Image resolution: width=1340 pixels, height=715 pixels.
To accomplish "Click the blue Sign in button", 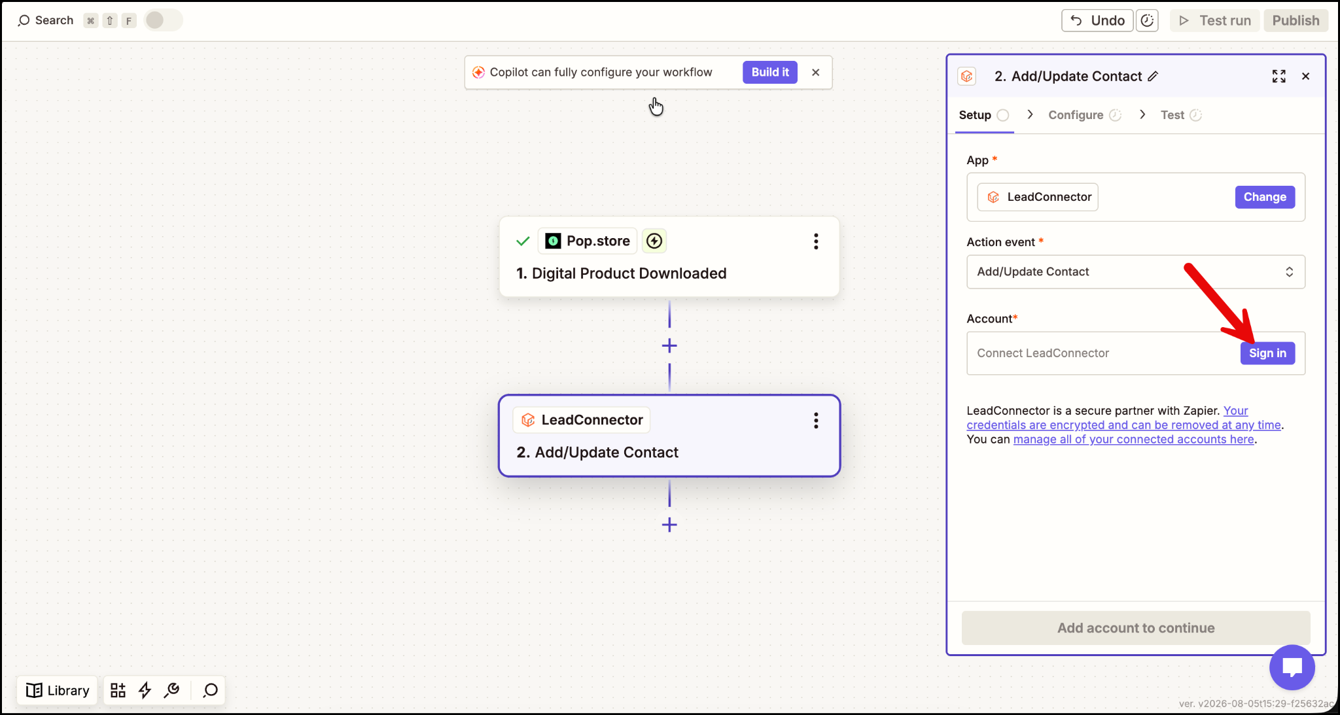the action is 1267,353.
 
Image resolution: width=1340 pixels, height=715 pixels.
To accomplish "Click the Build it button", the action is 770,73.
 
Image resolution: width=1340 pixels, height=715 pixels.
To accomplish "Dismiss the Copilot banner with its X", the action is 815,73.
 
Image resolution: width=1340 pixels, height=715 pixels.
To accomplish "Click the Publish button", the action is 1296,20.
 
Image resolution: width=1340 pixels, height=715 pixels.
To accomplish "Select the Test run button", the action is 1215,20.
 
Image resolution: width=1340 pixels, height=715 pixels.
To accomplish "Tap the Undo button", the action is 1097,20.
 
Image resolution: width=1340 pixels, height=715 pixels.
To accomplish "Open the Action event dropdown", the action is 1136,271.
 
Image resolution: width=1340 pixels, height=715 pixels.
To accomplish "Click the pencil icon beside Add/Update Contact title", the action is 1153,77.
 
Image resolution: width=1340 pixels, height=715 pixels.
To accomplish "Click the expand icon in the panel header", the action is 1278,77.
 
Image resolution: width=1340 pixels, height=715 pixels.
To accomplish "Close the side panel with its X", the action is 1305,77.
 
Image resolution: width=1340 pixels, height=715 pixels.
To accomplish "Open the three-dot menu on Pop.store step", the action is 816,241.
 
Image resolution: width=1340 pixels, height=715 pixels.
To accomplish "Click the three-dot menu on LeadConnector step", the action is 816,421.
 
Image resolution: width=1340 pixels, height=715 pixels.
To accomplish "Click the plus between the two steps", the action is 669,345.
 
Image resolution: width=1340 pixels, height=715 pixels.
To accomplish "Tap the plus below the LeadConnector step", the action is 669,525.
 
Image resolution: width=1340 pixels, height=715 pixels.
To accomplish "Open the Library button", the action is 58,690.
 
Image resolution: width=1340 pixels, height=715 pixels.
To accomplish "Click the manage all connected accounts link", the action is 1133,440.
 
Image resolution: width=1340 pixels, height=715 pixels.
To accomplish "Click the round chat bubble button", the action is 1292,667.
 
